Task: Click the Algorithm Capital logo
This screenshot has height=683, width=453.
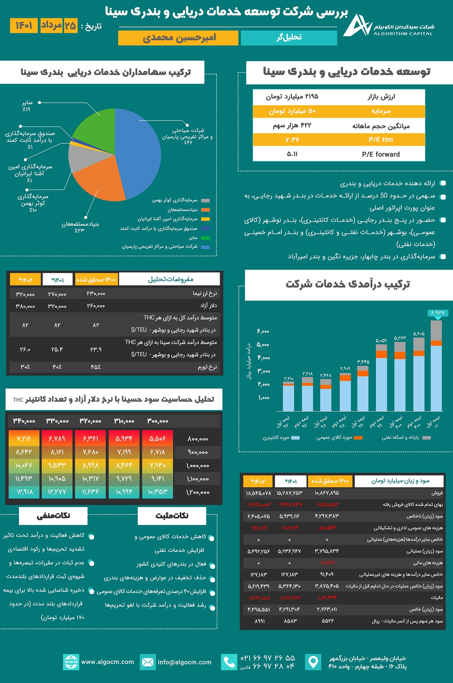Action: [357, 26]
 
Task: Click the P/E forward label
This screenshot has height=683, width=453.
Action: [381, 154]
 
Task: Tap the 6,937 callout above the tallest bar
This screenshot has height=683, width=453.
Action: [438, 313]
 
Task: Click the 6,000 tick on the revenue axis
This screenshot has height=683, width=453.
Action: [263, 331]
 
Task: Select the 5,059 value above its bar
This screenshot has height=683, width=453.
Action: [381, 341]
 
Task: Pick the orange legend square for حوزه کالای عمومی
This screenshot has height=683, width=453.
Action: [358, 438]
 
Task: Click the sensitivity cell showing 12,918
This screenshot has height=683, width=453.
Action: [24, 492]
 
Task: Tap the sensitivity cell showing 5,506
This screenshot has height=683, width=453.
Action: [157, 439]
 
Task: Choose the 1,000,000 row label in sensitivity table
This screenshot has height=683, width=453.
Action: [197, 466]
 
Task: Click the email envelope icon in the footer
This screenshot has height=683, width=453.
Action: [148, 662]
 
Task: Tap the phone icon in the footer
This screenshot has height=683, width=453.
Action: [229, 662]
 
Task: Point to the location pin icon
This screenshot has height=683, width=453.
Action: [313, 662]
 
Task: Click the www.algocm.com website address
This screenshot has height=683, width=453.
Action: [108, 662]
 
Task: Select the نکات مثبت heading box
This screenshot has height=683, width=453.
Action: [172, 516]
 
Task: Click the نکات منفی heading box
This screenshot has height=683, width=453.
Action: [53, 516]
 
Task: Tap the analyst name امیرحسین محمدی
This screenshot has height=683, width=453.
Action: [178, 38]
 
